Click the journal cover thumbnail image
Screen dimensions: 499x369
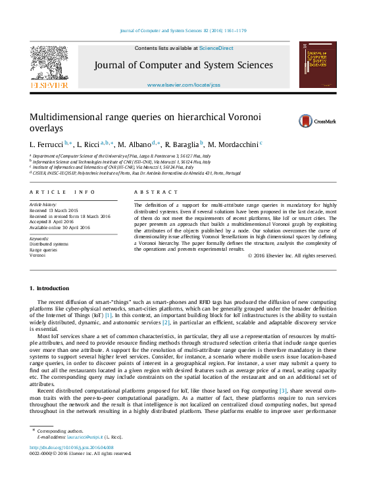[318, 64]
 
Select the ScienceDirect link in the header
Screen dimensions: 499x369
[216, 48]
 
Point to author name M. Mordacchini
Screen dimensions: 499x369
[234, 144]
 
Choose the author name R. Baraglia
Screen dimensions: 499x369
[184, 144]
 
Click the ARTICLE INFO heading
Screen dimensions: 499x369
[62, 192]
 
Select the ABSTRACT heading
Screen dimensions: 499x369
[156, 192]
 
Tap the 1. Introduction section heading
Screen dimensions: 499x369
[49, 288]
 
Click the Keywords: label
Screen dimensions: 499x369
[39, 238]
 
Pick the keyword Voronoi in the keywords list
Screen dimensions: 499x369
[37, 255]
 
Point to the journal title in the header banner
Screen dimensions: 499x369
[183, 65]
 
